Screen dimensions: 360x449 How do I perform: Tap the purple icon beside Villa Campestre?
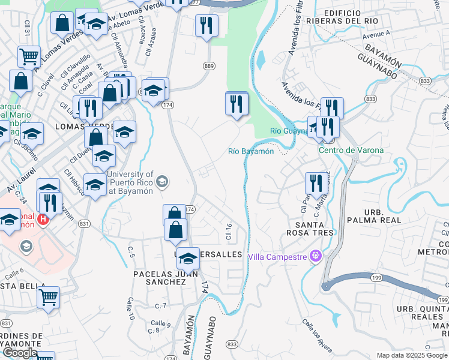click(316, 257)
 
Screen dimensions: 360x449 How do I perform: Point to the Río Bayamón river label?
click(251, 151)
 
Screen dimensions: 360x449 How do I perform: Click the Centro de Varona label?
click(351, 150)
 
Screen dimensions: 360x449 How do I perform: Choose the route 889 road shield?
click(209, 66)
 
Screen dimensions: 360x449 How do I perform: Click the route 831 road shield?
click(84, 223)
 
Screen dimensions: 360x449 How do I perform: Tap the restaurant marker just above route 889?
click(206, 26)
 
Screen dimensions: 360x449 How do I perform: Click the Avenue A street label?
click(376, 35)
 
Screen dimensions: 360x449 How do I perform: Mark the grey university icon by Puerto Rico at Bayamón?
click(161, 181)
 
